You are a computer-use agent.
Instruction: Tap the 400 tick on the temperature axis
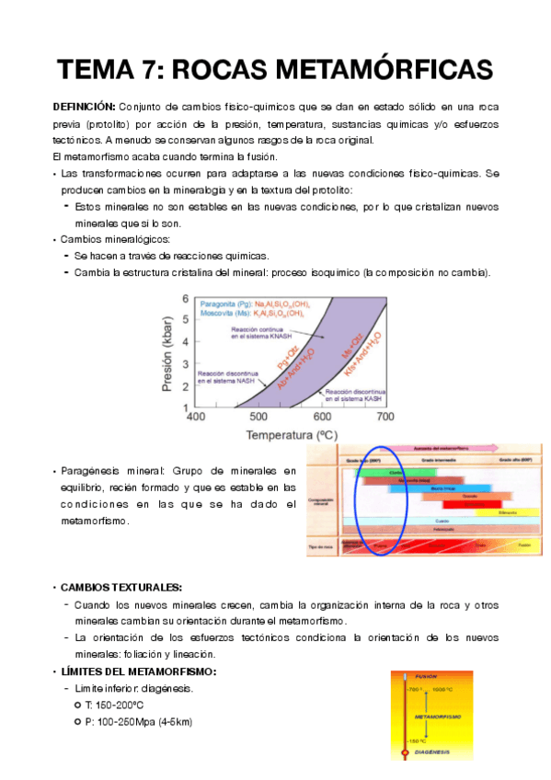click(196, 417)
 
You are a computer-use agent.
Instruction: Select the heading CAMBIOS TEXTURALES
click(122, 587)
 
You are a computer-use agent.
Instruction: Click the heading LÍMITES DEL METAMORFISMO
click(138, 671)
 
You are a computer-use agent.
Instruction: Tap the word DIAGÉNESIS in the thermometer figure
click(431, 751)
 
